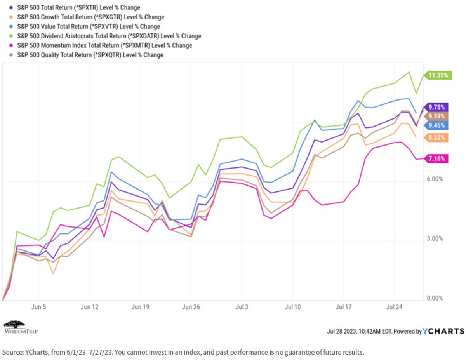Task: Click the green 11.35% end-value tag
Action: point(438,75)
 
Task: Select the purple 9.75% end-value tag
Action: point(436,107)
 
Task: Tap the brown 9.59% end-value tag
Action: point(436,116)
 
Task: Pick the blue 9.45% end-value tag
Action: point(436,125)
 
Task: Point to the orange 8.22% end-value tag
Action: point(436,137)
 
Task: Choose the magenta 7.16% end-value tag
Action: point(436,158)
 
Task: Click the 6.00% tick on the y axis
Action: point(435,179)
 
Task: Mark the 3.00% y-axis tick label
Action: point(435,238)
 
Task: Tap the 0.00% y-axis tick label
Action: point(435,298)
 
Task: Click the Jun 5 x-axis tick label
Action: point(38,307)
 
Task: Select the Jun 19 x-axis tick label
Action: point(140,307)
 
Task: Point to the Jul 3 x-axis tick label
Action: point(242,307)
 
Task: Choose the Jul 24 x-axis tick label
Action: point(394,307)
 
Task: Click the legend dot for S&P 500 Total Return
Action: point(11,8)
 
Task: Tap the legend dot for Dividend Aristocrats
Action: point(11,36)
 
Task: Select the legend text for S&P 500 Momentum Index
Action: point(104,45)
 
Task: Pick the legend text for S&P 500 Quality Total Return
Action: point(90,55)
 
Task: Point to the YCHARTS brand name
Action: point(443,331)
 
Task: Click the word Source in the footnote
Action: point(12,352)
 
